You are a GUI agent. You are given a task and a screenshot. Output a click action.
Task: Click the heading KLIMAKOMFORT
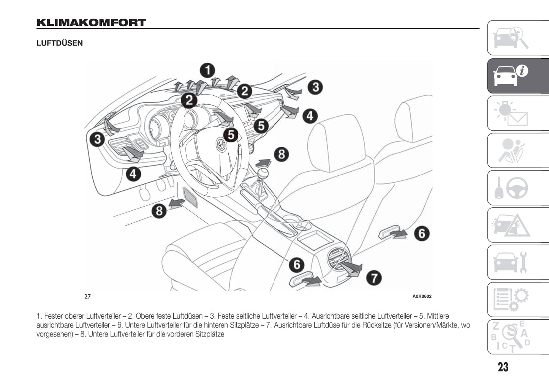91,23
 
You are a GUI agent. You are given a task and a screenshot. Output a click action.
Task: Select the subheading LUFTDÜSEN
60,43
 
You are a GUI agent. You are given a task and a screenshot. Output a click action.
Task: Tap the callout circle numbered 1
207,70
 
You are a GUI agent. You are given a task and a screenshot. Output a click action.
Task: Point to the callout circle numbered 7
374,278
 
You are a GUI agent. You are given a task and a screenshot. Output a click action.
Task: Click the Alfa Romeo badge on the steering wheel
220,144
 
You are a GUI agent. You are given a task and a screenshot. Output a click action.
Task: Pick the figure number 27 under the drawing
88,297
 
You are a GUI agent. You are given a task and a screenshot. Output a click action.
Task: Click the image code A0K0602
422,297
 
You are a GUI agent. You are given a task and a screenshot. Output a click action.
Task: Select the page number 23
503,367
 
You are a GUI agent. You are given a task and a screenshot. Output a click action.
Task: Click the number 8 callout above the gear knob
281,154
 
